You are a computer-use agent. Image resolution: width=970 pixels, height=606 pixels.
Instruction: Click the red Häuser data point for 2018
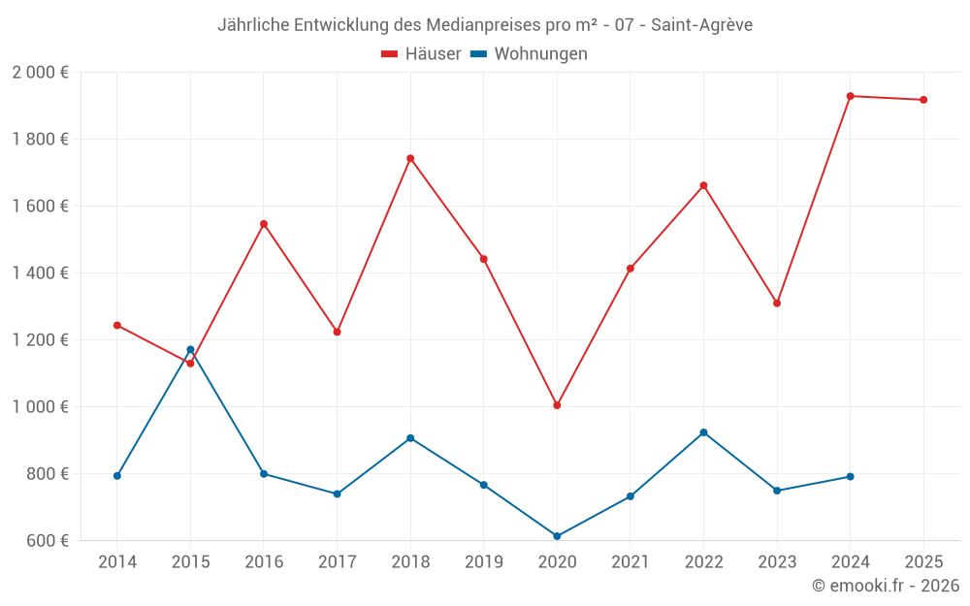(410, 158)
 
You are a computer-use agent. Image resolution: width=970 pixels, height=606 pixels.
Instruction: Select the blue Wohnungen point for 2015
(190, 349)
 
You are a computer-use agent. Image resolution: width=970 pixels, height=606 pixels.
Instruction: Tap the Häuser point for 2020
(557, 405)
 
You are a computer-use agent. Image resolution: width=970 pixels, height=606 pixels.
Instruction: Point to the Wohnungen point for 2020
(557, 536)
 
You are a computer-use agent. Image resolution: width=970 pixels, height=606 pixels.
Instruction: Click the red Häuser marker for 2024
(851, 96)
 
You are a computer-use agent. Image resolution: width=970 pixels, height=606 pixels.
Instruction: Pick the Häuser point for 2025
(923, 100)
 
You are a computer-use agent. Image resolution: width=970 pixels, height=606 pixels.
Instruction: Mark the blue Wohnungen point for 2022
(703, 432)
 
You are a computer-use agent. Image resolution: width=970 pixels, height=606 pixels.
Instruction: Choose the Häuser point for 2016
(264, 224)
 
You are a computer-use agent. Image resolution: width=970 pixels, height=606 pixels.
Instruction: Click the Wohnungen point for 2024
(851, 476)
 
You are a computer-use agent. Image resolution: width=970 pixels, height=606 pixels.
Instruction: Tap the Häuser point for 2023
(777, 303)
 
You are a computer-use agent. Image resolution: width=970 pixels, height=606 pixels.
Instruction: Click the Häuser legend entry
(421, 54)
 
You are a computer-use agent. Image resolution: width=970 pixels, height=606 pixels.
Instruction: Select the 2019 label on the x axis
(483, 562)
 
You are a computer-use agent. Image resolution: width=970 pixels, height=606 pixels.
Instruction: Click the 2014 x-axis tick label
(116, 562)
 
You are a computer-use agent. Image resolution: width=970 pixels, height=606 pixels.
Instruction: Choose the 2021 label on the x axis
(630, 562)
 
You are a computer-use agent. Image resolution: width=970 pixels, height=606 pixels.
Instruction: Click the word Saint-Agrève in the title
(701, 24)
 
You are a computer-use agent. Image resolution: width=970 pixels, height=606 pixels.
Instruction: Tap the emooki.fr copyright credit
(885, 586)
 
